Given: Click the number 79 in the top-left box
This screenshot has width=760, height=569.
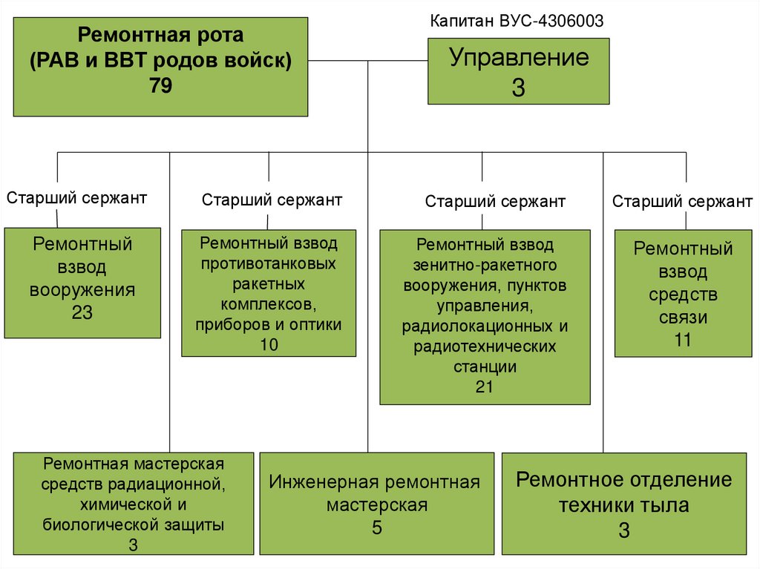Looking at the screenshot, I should [160, 86].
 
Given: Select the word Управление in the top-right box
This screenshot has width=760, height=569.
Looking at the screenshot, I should [519, 58].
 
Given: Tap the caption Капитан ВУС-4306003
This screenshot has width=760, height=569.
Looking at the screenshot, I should [517, 22].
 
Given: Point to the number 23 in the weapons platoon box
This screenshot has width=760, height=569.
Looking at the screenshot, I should [82, 312].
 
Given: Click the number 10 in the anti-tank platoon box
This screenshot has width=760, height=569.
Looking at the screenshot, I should [269, 344].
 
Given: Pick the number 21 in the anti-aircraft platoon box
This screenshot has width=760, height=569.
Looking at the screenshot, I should [485, 387].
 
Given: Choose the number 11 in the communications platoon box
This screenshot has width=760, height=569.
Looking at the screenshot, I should [683, 341].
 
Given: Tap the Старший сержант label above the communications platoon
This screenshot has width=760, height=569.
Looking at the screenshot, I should [682, 202].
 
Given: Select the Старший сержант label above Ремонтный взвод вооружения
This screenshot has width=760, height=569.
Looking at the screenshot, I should [77, 198].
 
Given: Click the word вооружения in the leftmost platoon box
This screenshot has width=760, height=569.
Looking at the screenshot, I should [82, 289].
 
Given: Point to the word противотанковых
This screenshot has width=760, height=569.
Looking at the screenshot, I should [269, 263].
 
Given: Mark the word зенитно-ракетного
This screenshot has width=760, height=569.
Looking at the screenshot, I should [485, 264].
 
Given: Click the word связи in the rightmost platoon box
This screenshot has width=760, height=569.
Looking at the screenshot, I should [683, 318].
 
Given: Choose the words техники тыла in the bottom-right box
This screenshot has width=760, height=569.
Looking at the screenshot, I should [623, 506].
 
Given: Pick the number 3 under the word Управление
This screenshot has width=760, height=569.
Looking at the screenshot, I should [518, 88].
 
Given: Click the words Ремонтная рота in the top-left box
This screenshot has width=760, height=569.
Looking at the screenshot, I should [161, 34].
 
